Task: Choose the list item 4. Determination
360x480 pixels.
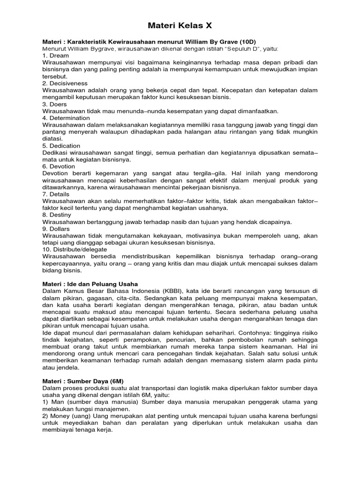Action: (x=66, y=118)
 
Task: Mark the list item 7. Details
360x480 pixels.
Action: (x=56, y=194)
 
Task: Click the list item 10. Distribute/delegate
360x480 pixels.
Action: (x=75, y=249)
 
